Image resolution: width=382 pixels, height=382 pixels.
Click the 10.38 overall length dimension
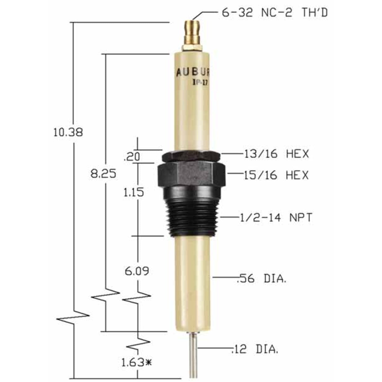pos(68,132)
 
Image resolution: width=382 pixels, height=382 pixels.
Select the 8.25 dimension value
pos(103,174)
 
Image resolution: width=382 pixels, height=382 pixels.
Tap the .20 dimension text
pos(132,157)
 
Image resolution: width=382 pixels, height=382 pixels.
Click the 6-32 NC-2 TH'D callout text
pos(275,13)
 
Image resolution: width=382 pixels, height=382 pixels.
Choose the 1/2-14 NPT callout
pos(276,218)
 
